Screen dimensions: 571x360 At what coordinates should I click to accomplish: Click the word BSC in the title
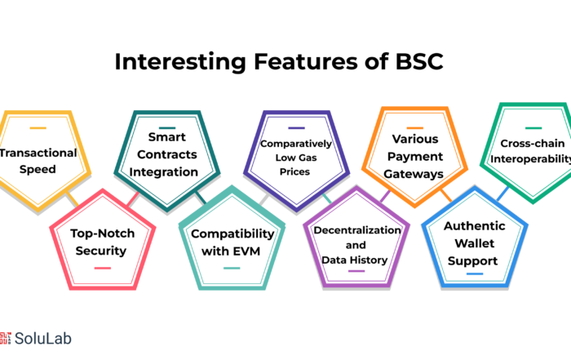pos(419,61)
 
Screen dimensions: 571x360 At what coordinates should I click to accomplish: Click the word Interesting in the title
pos(180,61)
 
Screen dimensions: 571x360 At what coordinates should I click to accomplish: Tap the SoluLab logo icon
pos(5,338)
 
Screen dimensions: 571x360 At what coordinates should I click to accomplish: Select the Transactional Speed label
pos(38,161)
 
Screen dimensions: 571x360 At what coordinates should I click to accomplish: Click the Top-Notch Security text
pos(102,242)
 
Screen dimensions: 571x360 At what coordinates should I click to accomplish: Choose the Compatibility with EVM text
pos(232,242)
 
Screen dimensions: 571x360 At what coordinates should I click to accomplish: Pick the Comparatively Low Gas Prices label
pos(295,158)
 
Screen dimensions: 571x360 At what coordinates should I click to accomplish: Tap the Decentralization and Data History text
pos(357,245)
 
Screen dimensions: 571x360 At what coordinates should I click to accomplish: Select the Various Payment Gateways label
pos(414,156)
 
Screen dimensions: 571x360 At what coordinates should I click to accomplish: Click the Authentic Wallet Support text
pos(474,243)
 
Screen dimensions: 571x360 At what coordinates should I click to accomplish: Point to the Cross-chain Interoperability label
pos(531,151)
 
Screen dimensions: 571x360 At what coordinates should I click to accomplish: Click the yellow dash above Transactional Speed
pos(38,128)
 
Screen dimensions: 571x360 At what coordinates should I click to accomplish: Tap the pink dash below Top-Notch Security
pos(102,269)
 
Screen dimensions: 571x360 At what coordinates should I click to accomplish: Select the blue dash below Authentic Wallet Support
pos(475,273)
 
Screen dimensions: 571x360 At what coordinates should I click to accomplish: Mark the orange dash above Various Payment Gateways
pos(414,128)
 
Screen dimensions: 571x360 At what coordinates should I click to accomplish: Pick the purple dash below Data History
pos(356,271)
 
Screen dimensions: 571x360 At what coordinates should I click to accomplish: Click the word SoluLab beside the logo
pos(43,339)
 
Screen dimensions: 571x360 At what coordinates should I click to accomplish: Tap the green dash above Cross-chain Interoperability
pos(533,128)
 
